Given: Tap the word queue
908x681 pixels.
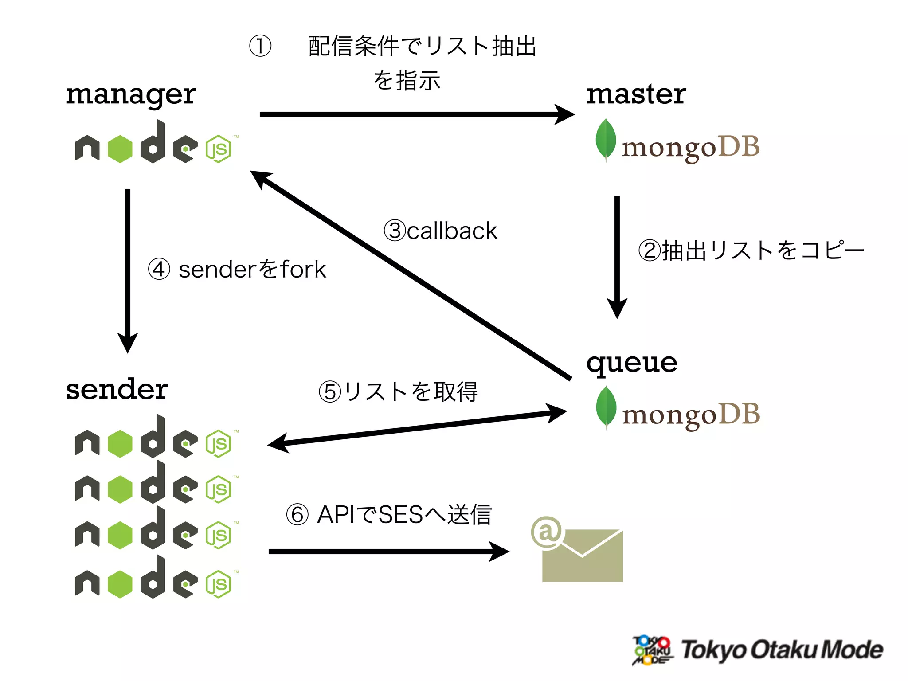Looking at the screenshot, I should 631,364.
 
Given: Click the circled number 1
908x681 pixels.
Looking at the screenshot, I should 260,46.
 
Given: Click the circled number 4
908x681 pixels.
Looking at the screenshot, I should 159,269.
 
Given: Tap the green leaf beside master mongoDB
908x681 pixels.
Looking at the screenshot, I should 606,139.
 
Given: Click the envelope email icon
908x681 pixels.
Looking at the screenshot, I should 583,556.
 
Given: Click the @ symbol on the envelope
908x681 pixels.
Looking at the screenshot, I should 547,532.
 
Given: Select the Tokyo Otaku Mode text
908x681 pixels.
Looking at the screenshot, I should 782,650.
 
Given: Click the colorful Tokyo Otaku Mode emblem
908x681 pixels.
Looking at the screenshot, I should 652,650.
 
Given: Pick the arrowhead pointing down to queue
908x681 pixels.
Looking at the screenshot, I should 617,309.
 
